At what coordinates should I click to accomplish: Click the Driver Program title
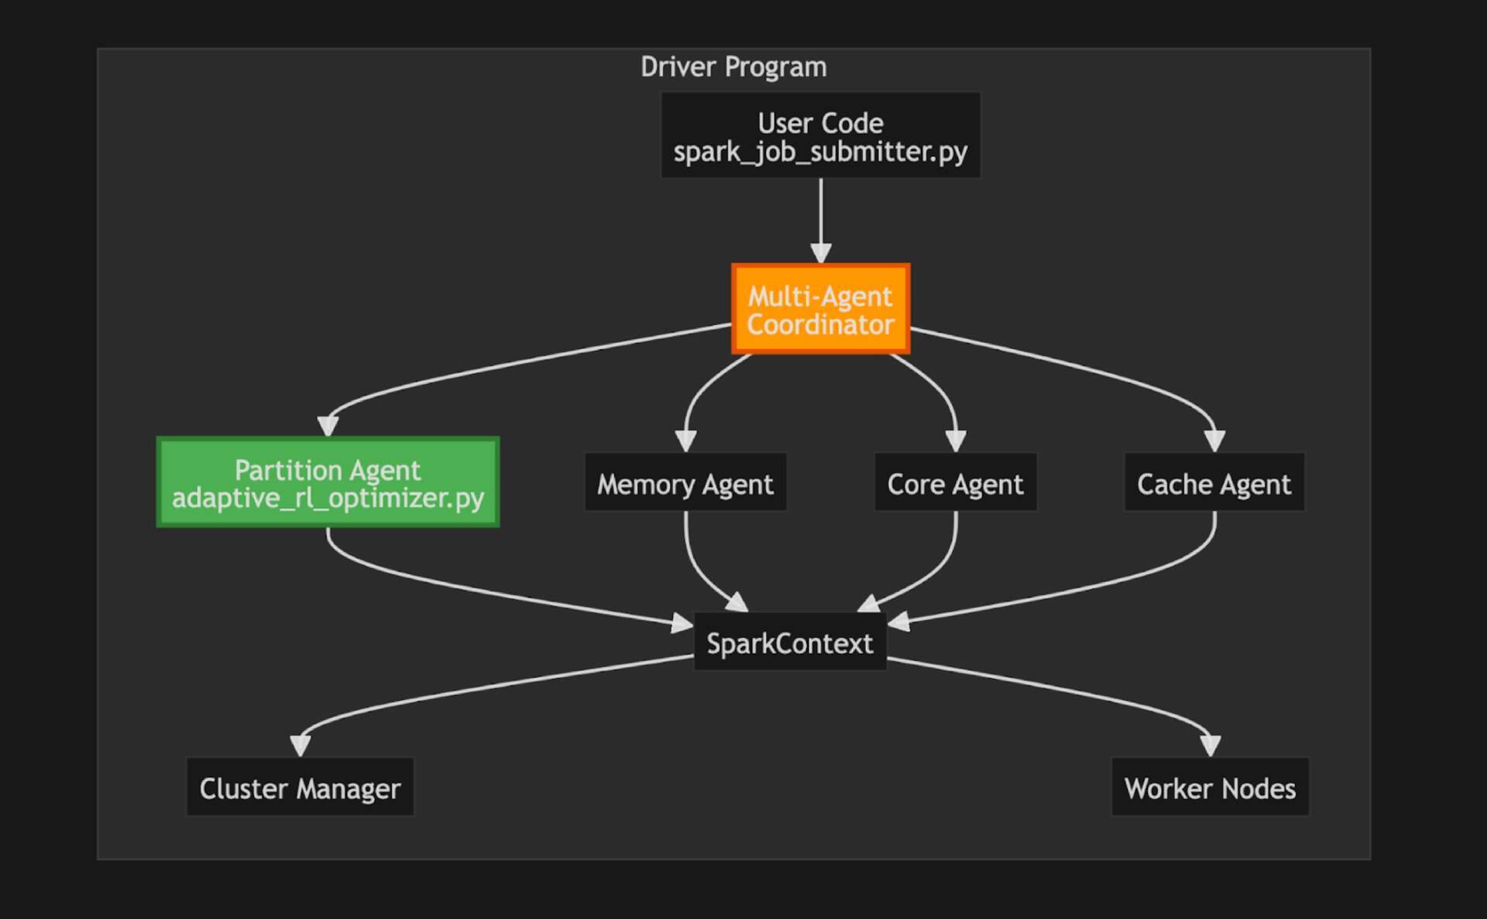click(x=733, y=67)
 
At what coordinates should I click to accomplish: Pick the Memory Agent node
click(x=685, y=482)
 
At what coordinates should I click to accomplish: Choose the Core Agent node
click(x=955, y=482)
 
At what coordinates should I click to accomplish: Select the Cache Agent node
click(x=1214, y=482)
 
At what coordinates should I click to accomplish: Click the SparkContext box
click(x=789, y=642)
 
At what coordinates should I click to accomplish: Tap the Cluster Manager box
click(x=300, y=787)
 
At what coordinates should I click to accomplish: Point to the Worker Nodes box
click(x=1210, y=787)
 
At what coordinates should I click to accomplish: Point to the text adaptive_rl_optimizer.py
click(x=328, y=498)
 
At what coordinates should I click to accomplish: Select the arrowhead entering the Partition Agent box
click(x=328, y=427)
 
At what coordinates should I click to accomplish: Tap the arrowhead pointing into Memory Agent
click(x=685, y=441)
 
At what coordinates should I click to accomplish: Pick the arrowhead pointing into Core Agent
click(x=956, y=441)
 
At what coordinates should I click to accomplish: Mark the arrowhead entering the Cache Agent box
click(x=1214, y=441)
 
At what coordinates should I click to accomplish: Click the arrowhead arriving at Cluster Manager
click(x=300, y=746)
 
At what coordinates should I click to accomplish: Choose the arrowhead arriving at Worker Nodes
click(x=1210, y=746)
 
